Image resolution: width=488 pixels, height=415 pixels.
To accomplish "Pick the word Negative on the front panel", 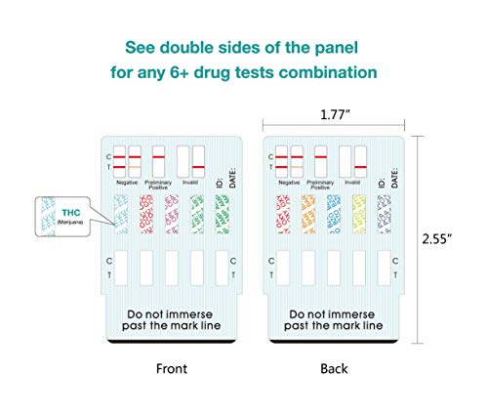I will click(x=126, y=183).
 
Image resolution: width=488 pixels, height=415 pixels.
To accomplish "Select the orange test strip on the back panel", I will click(x=305, y=218).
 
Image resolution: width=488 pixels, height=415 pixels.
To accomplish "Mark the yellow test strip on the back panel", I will click(x=358, y=218).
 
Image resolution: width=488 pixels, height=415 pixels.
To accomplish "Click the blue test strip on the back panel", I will click(x=332, y=218).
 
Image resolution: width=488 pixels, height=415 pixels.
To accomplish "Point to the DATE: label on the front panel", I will click(x=230, y=176).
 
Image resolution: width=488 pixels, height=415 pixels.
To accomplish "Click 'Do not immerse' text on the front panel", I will click(x=171, y=314).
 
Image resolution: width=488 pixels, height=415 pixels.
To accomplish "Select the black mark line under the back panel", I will click(x=332, y=343).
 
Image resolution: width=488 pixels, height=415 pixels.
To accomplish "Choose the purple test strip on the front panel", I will click(x=171, y=218).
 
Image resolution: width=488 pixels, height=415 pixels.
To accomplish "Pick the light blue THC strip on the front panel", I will click(x=120, y=218).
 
